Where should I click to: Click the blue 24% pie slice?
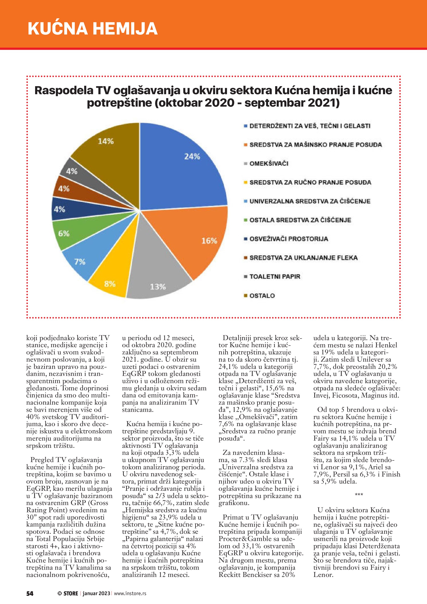pyautogui.click(x=181, y=168)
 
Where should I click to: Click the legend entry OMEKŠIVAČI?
pyautogui.click(x=269, y=164)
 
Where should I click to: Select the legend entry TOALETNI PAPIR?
pyautogui.click(x=275, y=276)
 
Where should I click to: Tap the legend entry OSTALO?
pyautogui.click(x=262, y=296)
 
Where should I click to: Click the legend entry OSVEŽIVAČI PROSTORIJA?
pyautogui.click(x=288, y=239)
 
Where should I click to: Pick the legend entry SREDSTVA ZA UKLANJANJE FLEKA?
pyautogui.click(x=303, y=258)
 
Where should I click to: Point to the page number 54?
pyautogui.click(x=30, y=593)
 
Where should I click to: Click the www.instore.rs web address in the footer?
pyautogui.click(x=130, y=593)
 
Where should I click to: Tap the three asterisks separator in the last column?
pyautogui.click(x=359, y=495)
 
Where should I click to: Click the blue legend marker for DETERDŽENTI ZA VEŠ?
pyautogui.click(x=246, y=126)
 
